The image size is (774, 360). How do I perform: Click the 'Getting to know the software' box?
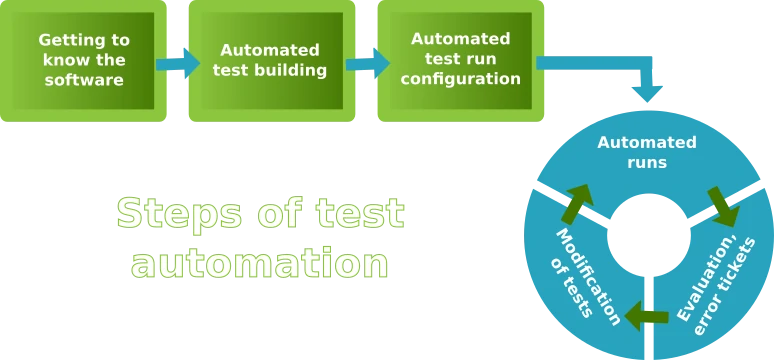point(84,60)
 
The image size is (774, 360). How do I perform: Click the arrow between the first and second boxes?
point(177,62)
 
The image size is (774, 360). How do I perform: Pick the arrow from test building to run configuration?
point(366,61)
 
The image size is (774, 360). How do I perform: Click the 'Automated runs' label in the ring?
point(646,151)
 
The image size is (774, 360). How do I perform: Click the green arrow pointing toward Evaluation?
point(721,206)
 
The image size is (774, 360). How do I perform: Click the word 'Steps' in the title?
point(180,213)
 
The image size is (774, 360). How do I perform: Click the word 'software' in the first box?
point(84,79)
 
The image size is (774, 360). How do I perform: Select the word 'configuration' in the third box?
point(460,78)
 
